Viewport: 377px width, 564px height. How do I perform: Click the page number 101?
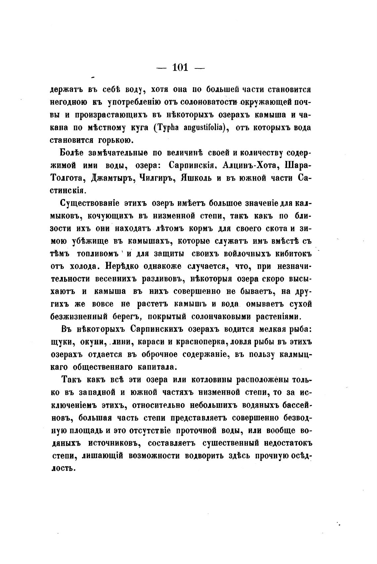[180, 67]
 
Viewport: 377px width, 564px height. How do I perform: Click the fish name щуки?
[63, 342]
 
